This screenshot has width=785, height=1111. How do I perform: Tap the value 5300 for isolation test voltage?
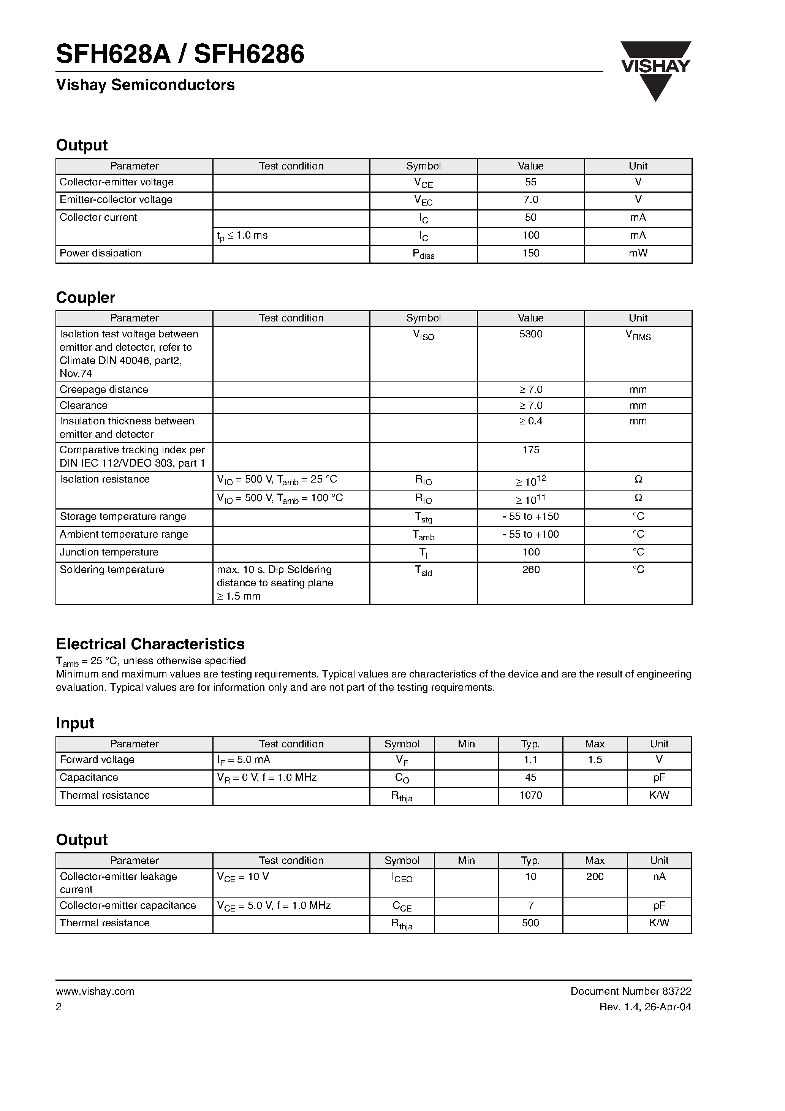pos(530,334)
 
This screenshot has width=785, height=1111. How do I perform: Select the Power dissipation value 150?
pos(530,253)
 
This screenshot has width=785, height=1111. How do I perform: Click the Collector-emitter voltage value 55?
pos(530,182)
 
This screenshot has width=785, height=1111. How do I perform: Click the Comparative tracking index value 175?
pos(530,450)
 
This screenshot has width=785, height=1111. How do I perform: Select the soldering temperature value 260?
pos(530,570)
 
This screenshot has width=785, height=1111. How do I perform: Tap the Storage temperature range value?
pos(530,516)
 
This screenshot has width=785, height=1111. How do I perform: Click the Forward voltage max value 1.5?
pos(595,760)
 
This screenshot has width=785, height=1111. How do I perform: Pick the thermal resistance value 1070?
pos(530,795)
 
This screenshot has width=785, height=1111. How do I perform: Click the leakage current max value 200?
pos(595,876)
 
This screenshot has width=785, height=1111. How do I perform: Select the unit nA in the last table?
pos(659,876)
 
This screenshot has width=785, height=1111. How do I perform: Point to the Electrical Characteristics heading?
pos(150,644)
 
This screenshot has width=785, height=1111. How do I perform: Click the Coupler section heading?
pos(85,297)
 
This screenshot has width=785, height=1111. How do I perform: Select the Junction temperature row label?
pos(109,552)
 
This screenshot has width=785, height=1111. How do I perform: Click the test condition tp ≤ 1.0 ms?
pos(242,236)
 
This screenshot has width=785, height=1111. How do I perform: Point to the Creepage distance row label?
pos(104,389)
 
